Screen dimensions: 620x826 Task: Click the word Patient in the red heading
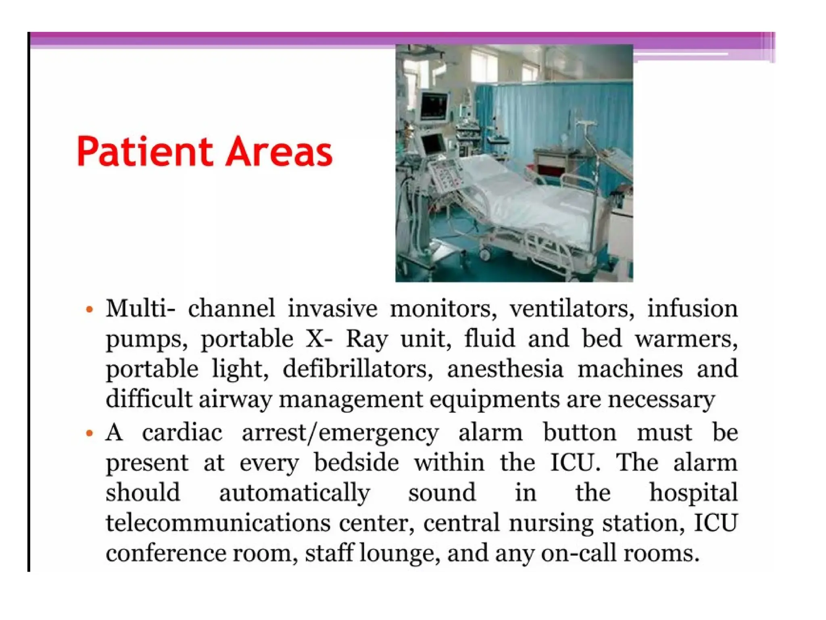click(x=144, y=152)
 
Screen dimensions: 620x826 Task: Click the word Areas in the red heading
click(x=279, y=152)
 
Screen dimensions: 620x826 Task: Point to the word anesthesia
click(x=505, y=369)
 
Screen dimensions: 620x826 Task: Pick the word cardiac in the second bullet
click(x=182, y=433)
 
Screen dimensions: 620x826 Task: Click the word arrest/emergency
click(x=340, y=434)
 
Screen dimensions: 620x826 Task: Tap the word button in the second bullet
click(x=580, y=433)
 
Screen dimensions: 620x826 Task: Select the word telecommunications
click(x=218, y=523)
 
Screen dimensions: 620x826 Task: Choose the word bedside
click(x=357, y=463)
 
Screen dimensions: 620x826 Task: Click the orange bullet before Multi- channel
click(x=90, y=310)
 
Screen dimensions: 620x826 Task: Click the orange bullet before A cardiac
click(x=90, y=434)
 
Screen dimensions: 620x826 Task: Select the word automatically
click(x=294, y=493)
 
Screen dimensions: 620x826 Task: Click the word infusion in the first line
click(x=693, y=309)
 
